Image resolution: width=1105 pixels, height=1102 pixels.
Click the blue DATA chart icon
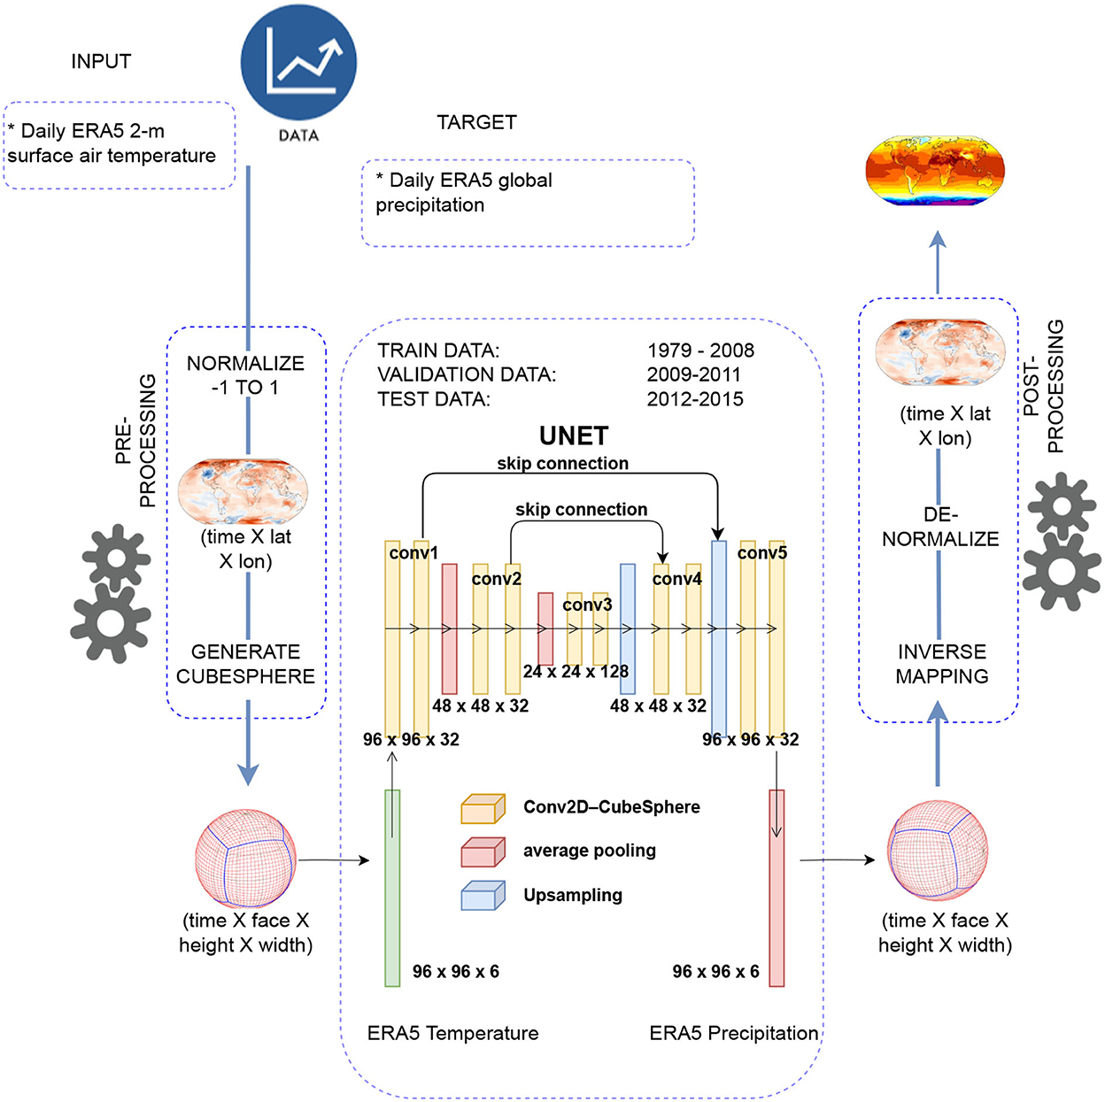(298, 63)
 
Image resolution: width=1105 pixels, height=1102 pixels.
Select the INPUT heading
(101, 62)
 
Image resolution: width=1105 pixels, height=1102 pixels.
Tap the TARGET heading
(476, 123)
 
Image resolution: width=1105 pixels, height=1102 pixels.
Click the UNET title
(574, 436)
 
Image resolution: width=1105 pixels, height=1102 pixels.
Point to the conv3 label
(587, 605)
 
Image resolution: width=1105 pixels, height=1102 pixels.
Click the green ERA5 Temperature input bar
(392, 888)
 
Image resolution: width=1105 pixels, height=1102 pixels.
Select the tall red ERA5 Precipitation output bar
(777, 888)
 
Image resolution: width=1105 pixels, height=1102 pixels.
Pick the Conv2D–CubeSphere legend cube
(483, 809)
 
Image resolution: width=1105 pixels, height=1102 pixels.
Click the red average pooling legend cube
(483, 852)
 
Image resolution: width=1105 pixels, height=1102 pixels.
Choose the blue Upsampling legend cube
(483, 896)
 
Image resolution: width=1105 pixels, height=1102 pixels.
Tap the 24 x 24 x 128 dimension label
(576, 672)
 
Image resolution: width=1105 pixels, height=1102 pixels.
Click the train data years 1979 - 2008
(700, 351)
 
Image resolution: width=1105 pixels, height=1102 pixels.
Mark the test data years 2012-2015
(695, 399)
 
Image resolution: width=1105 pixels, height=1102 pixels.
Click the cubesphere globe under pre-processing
(245, 859)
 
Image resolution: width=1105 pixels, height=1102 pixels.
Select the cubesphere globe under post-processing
(938, 851)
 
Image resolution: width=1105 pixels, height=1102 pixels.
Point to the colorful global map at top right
(935, 170)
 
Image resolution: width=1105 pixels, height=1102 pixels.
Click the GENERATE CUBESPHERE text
(245, 664)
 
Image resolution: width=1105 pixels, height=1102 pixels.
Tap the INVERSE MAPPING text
(941, 664)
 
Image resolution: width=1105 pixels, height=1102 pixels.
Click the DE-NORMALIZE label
(940, 527)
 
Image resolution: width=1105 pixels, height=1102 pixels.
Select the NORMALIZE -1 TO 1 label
(245, 375)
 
